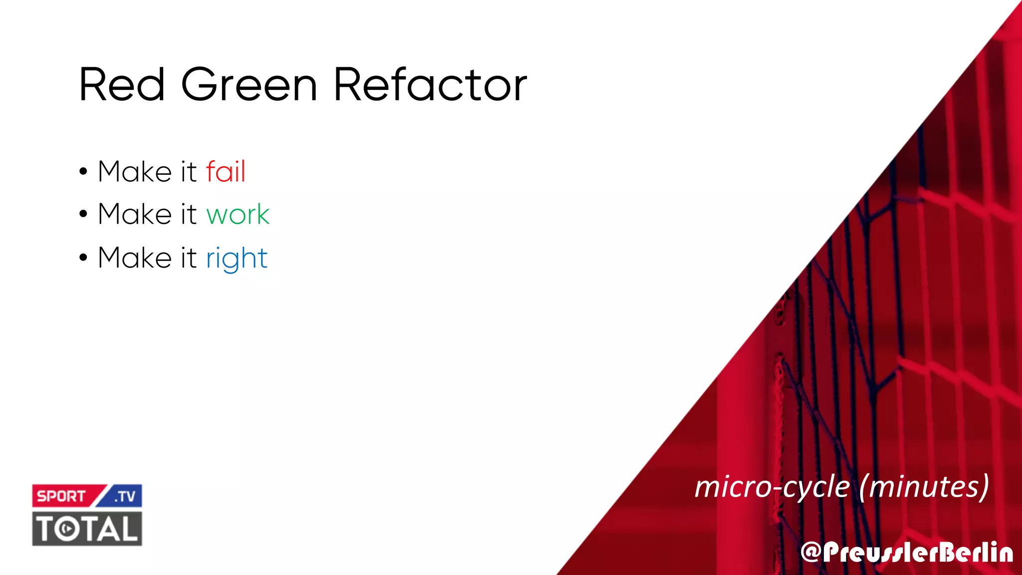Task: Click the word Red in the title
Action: coord(122,85)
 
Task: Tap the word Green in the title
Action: coord(249,85)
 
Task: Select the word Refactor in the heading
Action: coord(430,85)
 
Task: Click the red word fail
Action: coord(226,172)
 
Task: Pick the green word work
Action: coord(238,215)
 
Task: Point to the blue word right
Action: coord(237,259)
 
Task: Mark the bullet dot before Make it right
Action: coord(83,258)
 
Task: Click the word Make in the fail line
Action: coord(135,172)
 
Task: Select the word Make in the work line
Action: coord(135,215)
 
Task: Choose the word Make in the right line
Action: coord(135,258)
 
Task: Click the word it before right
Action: coord(189,258)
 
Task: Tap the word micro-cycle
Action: coord(772,487)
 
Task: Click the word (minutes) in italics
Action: coord(924,487)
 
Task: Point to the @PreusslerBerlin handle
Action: coord(907,553)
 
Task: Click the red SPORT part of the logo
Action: coord(61,496)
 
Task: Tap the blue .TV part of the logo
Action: coord(125,496)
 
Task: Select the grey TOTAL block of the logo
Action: coord(87,529)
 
